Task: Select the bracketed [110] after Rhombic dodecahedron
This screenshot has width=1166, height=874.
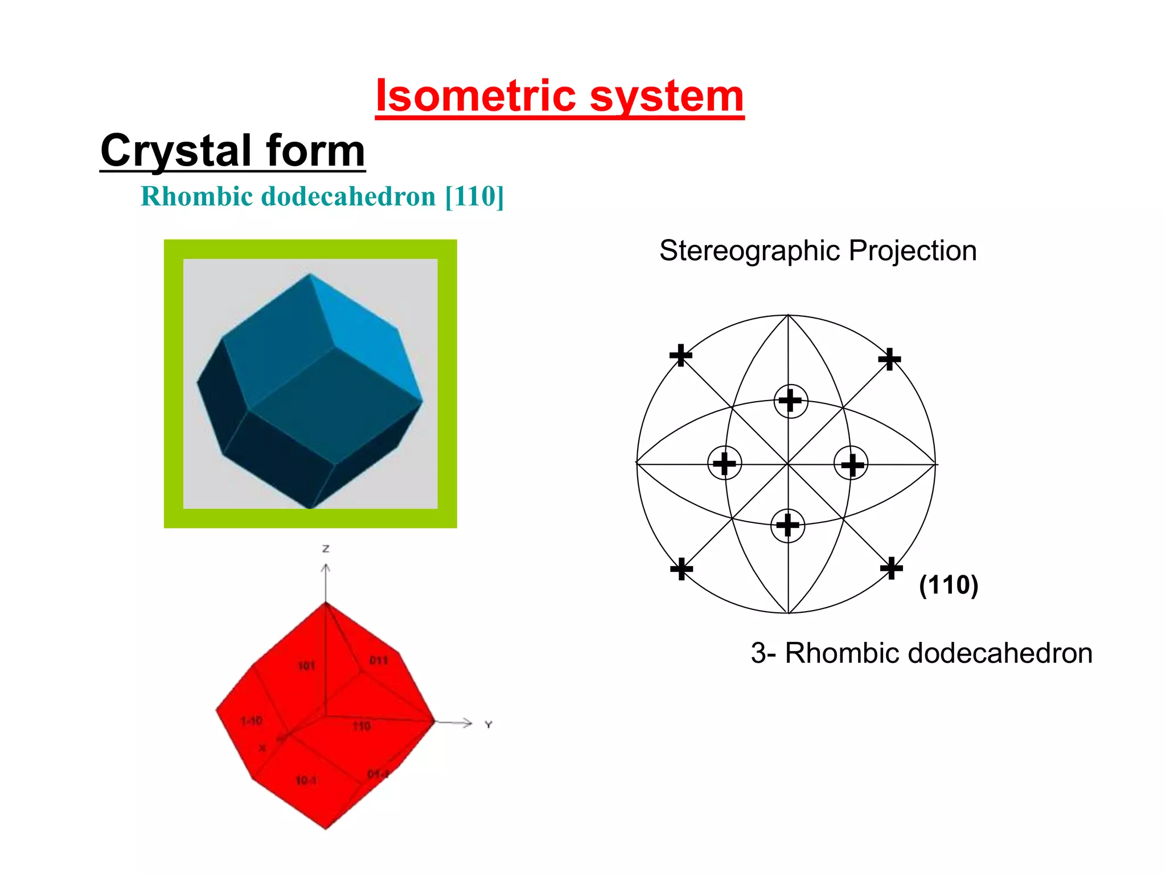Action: (x=474, y=196)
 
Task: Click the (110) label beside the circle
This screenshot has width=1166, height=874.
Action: (x=949, y=585)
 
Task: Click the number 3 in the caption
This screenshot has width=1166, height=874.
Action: (x=759, y=653)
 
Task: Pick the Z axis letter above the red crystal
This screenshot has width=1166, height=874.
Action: (x=326, y=549)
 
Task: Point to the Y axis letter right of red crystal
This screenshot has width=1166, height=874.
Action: (x=488, y=725)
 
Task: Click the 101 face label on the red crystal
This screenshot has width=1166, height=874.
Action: (x=306, y=666)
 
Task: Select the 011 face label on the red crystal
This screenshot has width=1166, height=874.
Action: (x=378, y=661)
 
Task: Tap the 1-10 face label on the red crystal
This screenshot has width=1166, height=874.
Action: (x=251, y=721)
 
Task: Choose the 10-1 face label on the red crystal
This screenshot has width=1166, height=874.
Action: (x=306, y=781)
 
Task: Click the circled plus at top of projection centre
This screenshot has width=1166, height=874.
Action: (x=790, y=401)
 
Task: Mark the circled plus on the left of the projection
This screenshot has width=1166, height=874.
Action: (x=724, y=463)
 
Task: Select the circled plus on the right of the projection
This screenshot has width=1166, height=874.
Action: (x=852, y=464)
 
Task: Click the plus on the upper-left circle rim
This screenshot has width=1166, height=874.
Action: (x=681, y=355)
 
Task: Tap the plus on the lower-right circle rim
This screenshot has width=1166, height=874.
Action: (x=892, y=568)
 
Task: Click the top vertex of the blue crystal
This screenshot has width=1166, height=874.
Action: (x=309, y=275)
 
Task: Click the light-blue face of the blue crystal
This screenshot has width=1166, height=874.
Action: (x=367, y=341)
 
